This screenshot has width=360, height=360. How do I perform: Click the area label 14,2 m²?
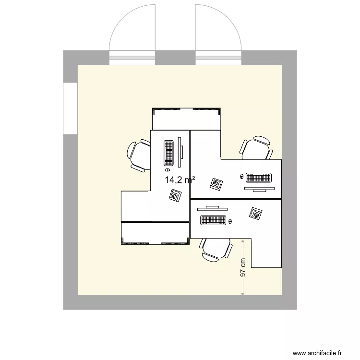[180, 180]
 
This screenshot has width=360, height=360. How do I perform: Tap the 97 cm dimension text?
[243, 267]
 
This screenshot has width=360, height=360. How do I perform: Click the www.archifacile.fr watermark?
[317, 353]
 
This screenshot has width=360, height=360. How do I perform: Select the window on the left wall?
[70, 108]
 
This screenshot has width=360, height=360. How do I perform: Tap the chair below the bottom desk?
[216, 250]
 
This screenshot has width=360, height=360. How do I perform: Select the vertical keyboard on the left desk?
[168, 153]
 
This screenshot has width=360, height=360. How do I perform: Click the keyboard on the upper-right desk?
[259, 178]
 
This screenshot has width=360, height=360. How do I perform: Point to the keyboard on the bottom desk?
[213, 220]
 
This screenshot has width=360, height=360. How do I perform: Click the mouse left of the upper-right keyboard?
[241, 177]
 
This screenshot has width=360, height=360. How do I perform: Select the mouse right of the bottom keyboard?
[230, 222]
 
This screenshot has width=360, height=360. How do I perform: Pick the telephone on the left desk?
[175, 195]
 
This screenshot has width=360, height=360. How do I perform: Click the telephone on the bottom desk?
[256, 214]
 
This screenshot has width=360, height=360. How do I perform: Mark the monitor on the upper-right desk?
[259, 189]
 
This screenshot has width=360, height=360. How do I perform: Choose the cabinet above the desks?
[186, 119]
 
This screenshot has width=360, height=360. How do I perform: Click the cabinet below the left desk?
[156, 233]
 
